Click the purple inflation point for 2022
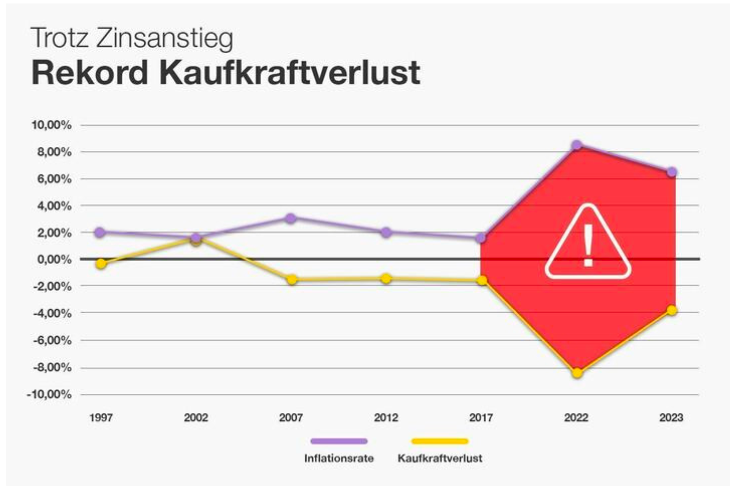tap(577, 146)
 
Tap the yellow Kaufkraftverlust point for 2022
tap(577, 373)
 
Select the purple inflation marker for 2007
tap(291, 218)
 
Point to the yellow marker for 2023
tap(672, 310)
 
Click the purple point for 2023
tap(671, 172)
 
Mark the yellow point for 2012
tap(386, 278)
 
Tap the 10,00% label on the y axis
tap(51, 125)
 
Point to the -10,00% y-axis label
tap(49, 394)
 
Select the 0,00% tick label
tap(54, 260)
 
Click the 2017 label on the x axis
tap(481, 417)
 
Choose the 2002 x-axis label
tap(196, 417)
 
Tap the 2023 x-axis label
tap(671, 417)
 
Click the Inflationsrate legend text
tap(339, 458)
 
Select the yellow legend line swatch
tap(440, 441)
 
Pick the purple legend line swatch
tap(339, 441)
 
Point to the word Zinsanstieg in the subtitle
tap(165, 38)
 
